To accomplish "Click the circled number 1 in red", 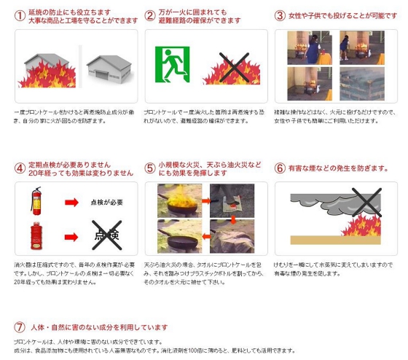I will coord(19,15).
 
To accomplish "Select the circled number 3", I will coord(280,15).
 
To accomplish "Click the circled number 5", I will coord(150,168).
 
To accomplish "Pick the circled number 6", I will coord(280,168).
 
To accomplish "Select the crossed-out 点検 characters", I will coord(106,234).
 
